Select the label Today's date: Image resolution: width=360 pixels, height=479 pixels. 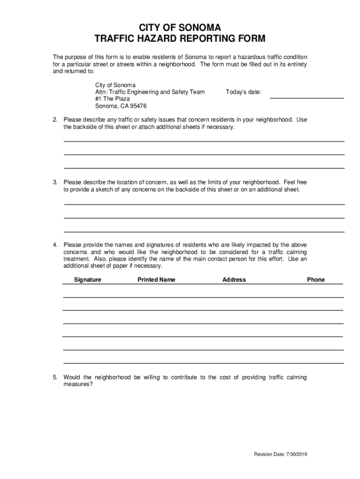(244, 92)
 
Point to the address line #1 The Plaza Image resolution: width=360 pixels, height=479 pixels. (113, 99)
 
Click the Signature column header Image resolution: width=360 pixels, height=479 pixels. (87, 280)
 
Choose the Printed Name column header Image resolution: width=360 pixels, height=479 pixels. (156, 280)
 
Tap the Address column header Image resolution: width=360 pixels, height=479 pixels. (234, 280)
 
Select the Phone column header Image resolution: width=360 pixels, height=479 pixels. (316, 280)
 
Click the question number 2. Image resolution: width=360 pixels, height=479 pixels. (55, 120)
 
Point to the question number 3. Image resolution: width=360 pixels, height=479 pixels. (55, 182)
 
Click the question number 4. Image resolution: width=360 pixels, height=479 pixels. (55, 245)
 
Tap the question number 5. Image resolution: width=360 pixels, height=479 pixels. (55, 377)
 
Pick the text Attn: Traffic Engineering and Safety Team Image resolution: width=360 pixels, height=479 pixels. (150, 92)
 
